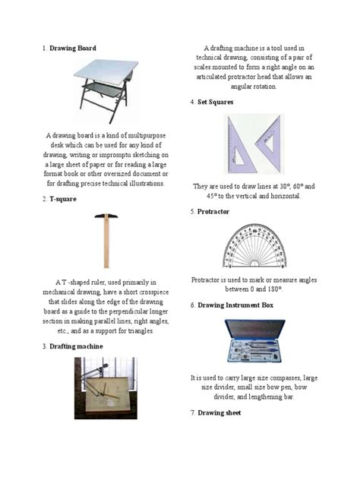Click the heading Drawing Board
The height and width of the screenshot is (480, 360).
73,48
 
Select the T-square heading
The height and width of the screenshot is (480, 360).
63,199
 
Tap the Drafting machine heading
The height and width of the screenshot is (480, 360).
76,346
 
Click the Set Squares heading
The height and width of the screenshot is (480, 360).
215,101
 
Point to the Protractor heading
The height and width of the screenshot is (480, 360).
213,211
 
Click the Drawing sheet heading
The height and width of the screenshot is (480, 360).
219,412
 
